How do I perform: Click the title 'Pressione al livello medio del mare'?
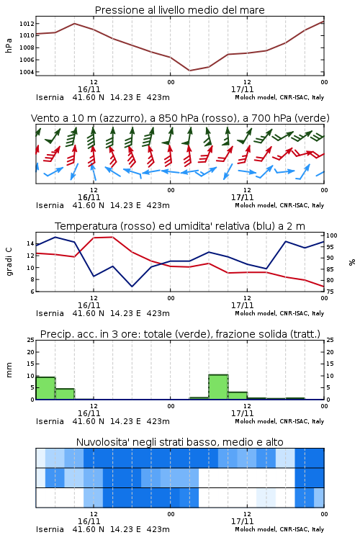click(x=179, y=10)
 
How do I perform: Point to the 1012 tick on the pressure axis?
click(x=27, y=24)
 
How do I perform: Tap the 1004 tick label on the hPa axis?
click(x=27, y=72)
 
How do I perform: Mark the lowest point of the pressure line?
click(x=189, y=71)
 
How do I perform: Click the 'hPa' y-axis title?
click(x=9, y=45)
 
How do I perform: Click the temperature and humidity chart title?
click(x=180, y=226)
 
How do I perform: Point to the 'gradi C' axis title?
click(x=9, y=262)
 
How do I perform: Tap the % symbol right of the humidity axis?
click(x=352, y=262)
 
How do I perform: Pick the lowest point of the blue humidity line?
click(x=132, y=287)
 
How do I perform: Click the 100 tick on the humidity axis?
click(x=331, y=235)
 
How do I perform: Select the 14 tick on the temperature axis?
click(x=30, y=243)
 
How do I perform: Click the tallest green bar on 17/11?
click(x=218, y=387)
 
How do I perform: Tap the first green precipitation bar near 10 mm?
click(x=45, y=388)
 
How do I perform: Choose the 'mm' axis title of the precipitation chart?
click(x=9, y=370)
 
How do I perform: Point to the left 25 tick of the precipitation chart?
click(x=31, y=340)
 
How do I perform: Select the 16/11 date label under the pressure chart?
click(x=89, y=89)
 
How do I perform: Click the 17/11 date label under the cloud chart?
click(x=242, y=521)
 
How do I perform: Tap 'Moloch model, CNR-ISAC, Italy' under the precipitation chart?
click(x=279, y=421)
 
